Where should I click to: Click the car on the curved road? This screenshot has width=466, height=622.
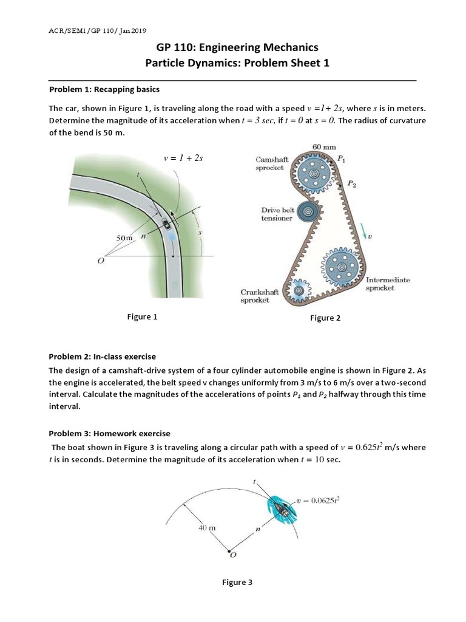(x=166, y=226)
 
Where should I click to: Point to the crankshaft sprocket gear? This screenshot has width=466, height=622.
(x=299, y=292)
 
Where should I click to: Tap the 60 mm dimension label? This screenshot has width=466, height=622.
(x=324, y=147)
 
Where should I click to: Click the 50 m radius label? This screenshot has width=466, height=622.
(x=124, y=238)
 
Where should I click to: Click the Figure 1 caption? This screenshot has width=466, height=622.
(x=141, y=316)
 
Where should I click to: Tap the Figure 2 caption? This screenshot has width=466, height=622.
(x=325, y=318)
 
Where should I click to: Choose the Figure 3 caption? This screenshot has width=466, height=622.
(x=237, y=583)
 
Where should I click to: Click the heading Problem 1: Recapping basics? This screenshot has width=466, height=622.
(x=104, y=89)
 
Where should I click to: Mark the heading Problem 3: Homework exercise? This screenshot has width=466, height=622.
(x=109, y=433)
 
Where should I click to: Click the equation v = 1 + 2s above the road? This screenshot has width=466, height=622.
(x=183, y=158)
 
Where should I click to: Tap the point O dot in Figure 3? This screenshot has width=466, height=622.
(x=230, y=552)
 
